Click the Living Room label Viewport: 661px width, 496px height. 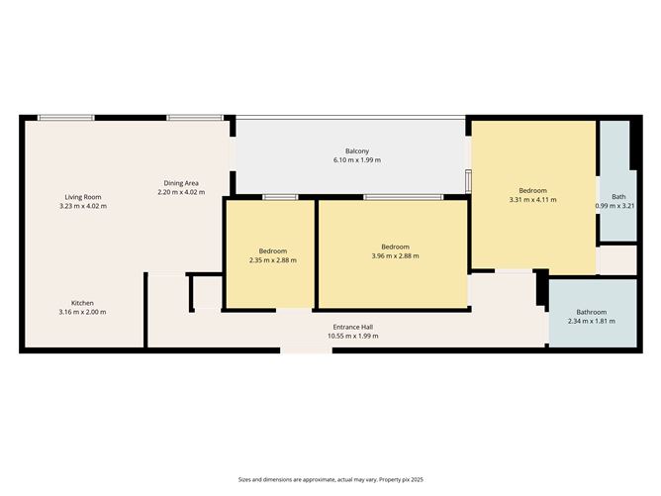click(83, 197)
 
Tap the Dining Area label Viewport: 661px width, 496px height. click(180, 183)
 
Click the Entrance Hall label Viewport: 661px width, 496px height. click(352, 327)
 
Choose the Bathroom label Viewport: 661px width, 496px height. click(592, 312)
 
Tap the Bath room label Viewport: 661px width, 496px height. click(617, 197)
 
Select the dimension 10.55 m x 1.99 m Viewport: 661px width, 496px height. click(352, 337)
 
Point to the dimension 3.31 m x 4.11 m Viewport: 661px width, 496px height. click(532, 200)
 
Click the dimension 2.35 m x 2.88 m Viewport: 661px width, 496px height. click(272, 260)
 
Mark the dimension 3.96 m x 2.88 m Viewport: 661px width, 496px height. click(395, 256)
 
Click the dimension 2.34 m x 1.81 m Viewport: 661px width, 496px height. click(592, 322)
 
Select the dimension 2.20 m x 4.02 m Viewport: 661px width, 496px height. click(180, 193)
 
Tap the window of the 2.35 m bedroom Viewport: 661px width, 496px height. click(280, 198)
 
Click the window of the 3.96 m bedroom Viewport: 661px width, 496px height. click(402, 198)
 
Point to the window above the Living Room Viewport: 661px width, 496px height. click(66, 118)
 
